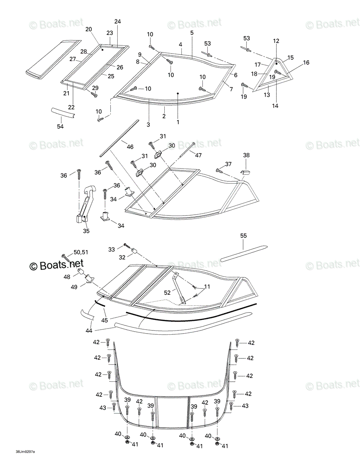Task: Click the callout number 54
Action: coord(60,127)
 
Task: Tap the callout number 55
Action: coord(243,236)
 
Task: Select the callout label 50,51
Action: coord(81,252)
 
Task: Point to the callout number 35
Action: coord(86,231)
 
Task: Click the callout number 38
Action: coord(246,155)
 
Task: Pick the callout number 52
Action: coord(167,292)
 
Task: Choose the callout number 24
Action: coord(118,21)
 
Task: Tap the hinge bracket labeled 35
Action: coord(85,204)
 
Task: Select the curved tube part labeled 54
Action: coord(63,113)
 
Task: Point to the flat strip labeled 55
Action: coord(244,254)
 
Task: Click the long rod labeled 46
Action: coord(120,139)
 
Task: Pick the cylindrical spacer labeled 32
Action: coord(134,251)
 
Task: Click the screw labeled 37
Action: coord(219,171)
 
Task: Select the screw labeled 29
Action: coord(94,94)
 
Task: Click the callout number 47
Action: coord(198,155)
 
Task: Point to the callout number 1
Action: coord(178,122)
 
